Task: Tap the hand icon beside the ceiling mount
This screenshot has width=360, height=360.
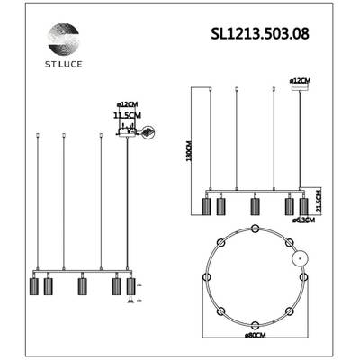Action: click(148, 132)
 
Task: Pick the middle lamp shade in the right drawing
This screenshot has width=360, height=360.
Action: click(254, 206)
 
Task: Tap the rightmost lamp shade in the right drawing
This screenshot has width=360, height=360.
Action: click(302, 206)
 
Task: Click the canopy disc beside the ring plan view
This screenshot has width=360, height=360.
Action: click(301, 258)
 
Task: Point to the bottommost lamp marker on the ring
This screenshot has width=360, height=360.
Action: click(256, 325)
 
